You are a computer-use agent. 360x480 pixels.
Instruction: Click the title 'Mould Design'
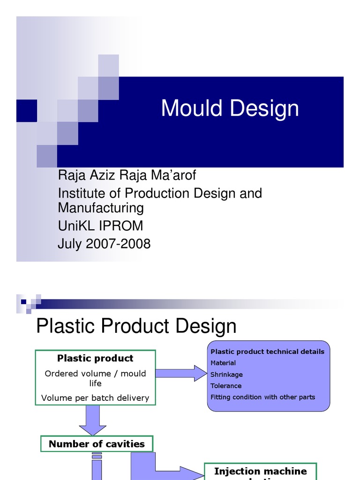click(x=230, y=109)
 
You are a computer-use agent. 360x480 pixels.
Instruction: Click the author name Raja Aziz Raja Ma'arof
click(x=127, y=175)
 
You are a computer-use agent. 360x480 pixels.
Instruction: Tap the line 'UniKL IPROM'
click(x=100, y=226)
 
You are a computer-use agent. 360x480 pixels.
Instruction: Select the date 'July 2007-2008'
click(x=104, y=244)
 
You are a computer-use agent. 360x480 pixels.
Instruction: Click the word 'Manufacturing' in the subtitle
click(x=101, y=207)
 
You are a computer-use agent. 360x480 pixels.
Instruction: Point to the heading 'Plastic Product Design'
click(x=136, y=326)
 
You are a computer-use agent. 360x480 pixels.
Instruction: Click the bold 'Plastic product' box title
click(x=95, y=358)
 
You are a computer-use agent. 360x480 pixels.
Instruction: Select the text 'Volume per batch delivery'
click(x=95, y=397)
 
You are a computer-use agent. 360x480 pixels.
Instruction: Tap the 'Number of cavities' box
click(x=97, y=444)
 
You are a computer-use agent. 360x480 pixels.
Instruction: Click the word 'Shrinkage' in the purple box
click(x=226, y=375)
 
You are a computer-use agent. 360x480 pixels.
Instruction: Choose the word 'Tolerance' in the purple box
click(x=226, y=386)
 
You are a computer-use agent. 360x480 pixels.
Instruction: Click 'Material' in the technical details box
click(x=223, y=363)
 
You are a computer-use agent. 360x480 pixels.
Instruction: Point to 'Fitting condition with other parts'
click(x=262, y=397)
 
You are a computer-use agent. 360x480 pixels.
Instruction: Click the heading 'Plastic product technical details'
click(x=267, y=352)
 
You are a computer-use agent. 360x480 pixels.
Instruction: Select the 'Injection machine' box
click(x=260, y=472)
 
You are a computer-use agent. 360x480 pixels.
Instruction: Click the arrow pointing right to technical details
click(x=181, y=373)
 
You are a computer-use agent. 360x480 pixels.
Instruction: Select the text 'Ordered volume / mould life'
click(x=95, y=378)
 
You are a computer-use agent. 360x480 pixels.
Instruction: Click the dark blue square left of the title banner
click(x=26, y=111)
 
